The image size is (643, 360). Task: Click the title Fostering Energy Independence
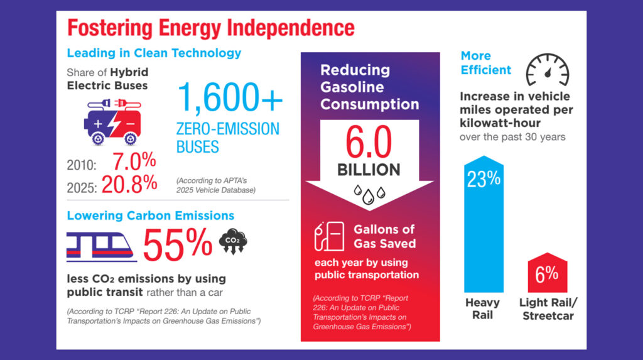click(x=210, y=28)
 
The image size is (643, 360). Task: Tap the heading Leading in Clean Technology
click(x=154, y=53)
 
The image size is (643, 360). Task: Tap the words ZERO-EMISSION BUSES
click(x=227, y=138)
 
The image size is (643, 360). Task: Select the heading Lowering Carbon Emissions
click(x=150, y=215)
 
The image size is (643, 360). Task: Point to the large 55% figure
click(x=178, y=244)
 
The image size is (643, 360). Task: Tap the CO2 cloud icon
click(x=233, y=242)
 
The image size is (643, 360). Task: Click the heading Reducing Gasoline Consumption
click(x=369, y=87)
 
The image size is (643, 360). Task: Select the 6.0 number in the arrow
click(x=369, y=143)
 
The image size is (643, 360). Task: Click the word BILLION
click(x=369, y=170)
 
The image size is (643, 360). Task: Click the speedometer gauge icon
click(x=546, y=69)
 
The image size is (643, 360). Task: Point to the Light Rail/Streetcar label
click(x=548, y=309)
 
